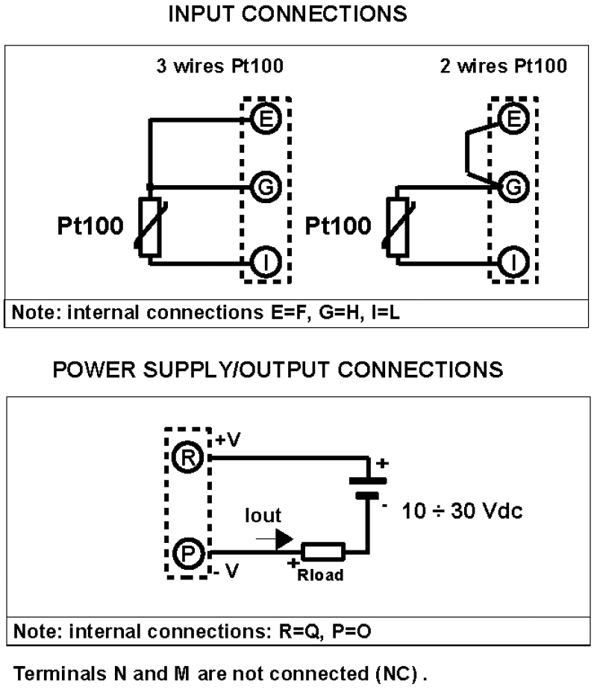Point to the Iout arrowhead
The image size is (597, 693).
tap(284, 538)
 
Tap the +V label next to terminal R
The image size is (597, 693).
tap(227, 441)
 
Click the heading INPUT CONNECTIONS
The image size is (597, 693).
tap(288, 14)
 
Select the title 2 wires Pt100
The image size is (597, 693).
tap(502, 66)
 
